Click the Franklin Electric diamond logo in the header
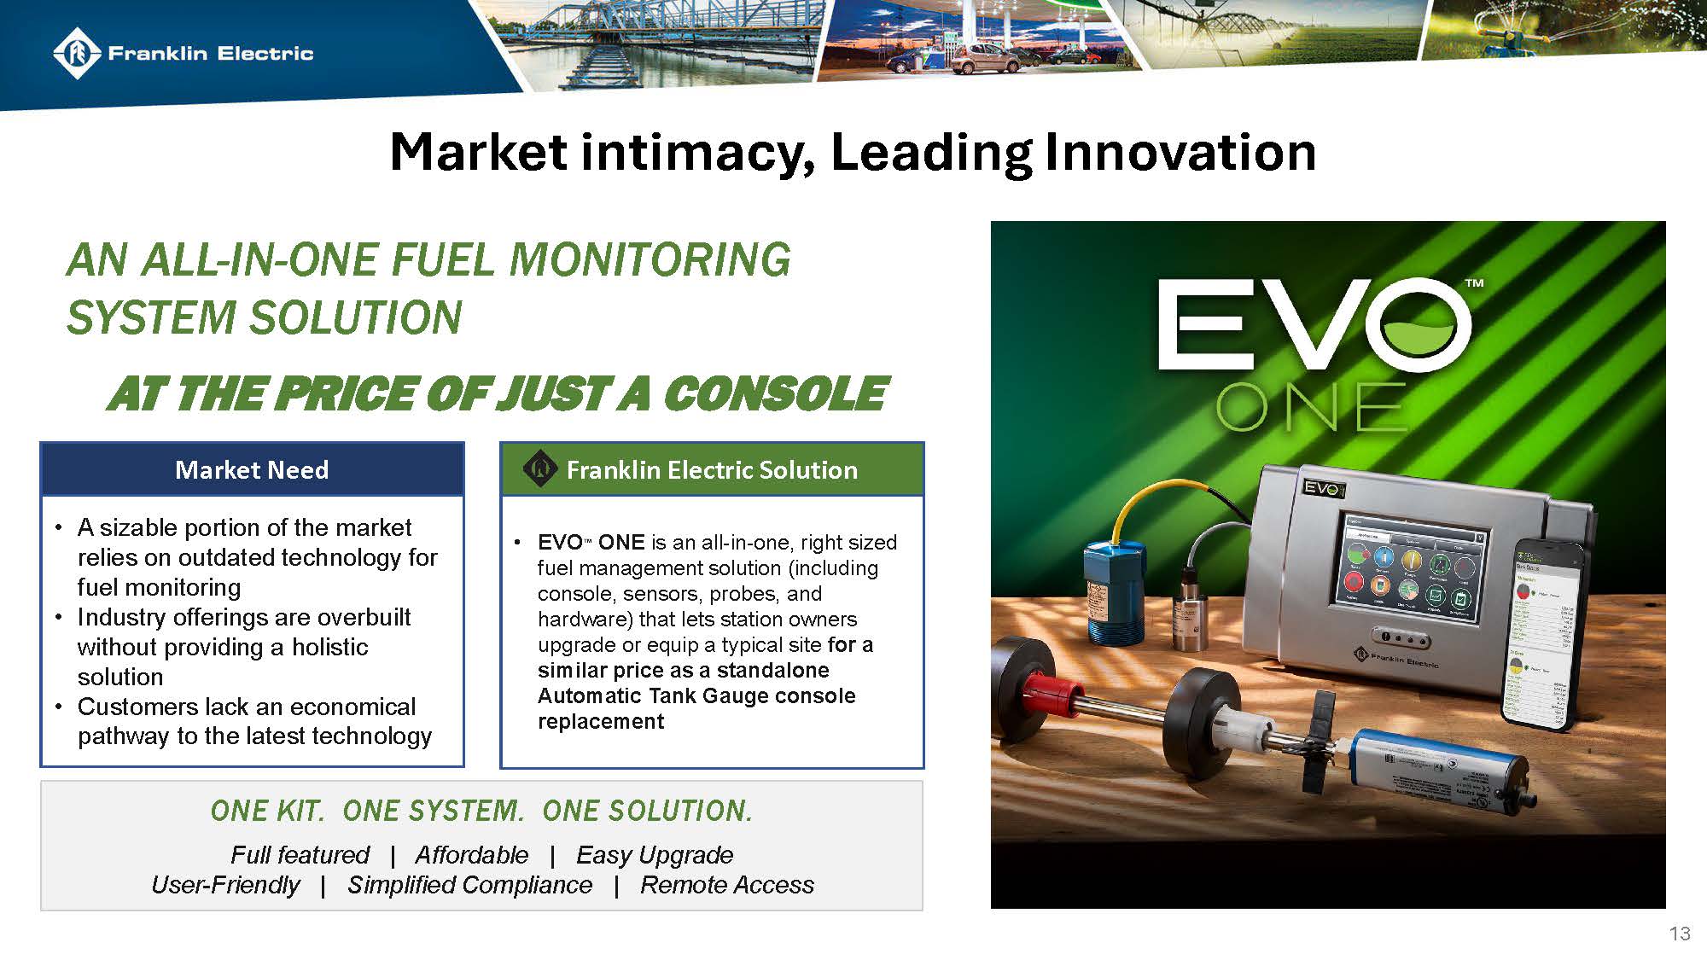[78, 53]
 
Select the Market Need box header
[252, 469]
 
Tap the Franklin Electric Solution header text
[712, 469]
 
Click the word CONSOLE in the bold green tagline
[775, 393]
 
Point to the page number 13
[1679, 934]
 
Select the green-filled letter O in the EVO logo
[1421, 325]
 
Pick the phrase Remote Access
[727, 885]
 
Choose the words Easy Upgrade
[655, 854]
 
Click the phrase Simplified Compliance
[469, 885]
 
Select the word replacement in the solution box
[600, 721]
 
